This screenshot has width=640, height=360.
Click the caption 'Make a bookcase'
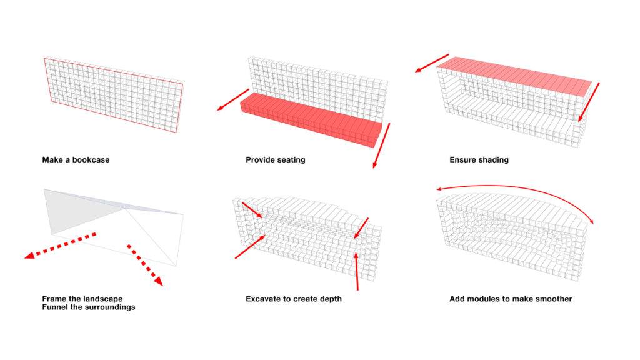(x=76, y=160)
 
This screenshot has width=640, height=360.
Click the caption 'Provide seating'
(x=275, y=160)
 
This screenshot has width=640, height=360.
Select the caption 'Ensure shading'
(x=479, y=160)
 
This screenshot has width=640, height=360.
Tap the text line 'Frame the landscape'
(x=82, y=299)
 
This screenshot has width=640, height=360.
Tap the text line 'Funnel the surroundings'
(x=88, y=307)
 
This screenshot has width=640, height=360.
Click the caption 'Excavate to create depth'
(x=293, y=299)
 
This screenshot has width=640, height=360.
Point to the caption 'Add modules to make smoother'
(x=510, y=299)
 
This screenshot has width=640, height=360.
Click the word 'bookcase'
(x=91, y=160)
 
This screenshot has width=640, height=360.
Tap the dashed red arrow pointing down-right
(x=144, y=264)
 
